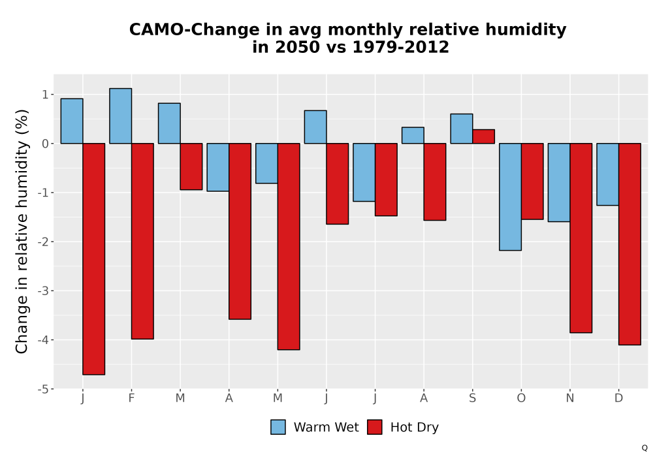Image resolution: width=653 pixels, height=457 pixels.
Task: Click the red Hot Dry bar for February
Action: coord(142,241)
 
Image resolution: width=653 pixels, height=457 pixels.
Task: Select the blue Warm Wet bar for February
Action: coord(120,116)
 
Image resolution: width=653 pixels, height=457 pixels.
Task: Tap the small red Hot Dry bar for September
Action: coord(483,136)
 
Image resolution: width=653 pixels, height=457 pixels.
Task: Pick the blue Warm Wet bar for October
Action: coord(510,197)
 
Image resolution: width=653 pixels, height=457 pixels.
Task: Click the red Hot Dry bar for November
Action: coord(581,238)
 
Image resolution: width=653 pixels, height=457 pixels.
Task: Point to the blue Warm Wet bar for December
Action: coord(607,174)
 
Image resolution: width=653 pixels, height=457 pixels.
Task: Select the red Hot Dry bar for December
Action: coord(629,244)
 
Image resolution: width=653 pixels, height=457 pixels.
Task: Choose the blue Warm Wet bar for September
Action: coord(462,129)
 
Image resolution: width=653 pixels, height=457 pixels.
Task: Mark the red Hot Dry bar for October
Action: coord(532,181)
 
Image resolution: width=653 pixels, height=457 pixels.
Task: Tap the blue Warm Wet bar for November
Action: coord(559,182)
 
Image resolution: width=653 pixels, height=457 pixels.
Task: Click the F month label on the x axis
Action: coord(132,398)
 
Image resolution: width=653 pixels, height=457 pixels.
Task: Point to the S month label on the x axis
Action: coord(472,398)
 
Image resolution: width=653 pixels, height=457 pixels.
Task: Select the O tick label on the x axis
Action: coord(521,398)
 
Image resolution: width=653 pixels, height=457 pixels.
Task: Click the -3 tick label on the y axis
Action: coord(43,291)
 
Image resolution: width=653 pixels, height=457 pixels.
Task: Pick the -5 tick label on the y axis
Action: coord(43,388)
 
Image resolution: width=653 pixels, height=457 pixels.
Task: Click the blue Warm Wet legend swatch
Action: coord(278,427)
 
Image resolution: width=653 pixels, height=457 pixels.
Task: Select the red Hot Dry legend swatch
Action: coord(374,427)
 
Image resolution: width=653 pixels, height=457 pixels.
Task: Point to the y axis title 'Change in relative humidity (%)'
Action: coord(22,231)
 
